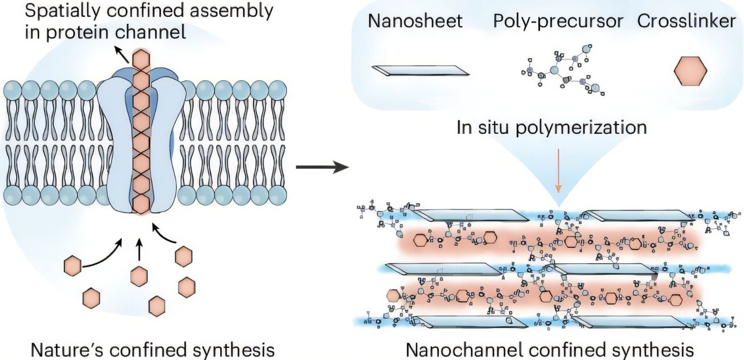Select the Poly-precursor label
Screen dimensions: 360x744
(558, 22)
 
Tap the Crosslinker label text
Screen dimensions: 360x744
(686, 22)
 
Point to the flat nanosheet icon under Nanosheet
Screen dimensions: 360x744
(420, 71)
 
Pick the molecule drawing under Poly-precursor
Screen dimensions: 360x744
(560, 74)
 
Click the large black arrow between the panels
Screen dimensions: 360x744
(321, 169)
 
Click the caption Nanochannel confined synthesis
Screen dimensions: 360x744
(549, 350)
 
